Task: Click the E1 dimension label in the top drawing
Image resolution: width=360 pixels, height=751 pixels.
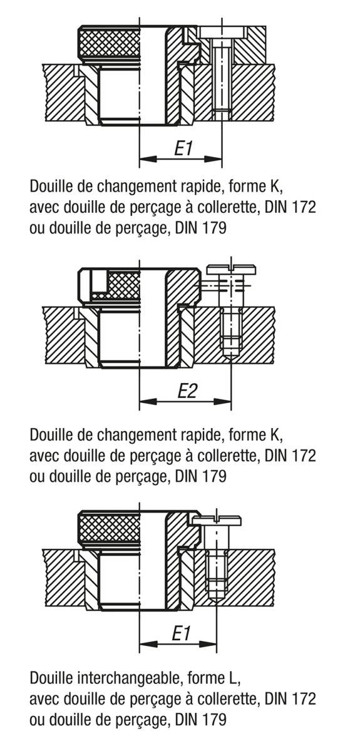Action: click(183, 148)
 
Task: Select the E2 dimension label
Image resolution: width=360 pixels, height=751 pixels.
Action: click(187, 391)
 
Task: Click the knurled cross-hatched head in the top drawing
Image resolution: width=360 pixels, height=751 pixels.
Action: click(110, 43)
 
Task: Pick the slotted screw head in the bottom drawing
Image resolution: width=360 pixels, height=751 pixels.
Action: click(217, 519)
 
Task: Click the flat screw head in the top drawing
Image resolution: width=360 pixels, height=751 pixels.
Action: click(222, 33)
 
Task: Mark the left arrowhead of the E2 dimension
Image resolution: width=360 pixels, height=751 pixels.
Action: click(148, 401)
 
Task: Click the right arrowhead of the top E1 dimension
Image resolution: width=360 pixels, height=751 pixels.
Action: click(213, 158)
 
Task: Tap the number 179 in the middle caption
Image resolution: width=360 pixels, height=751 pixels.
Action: click(214, 476)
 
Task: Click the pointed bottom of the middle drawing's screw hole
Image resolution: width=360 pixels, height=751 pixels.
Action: click(231, 359)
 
